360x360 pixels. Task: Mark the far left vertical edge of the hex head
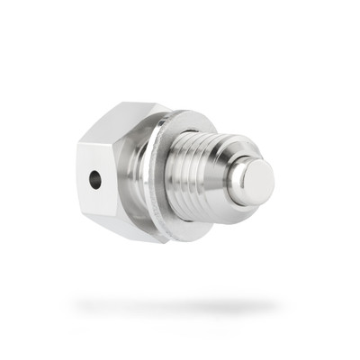pos(79,175)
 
